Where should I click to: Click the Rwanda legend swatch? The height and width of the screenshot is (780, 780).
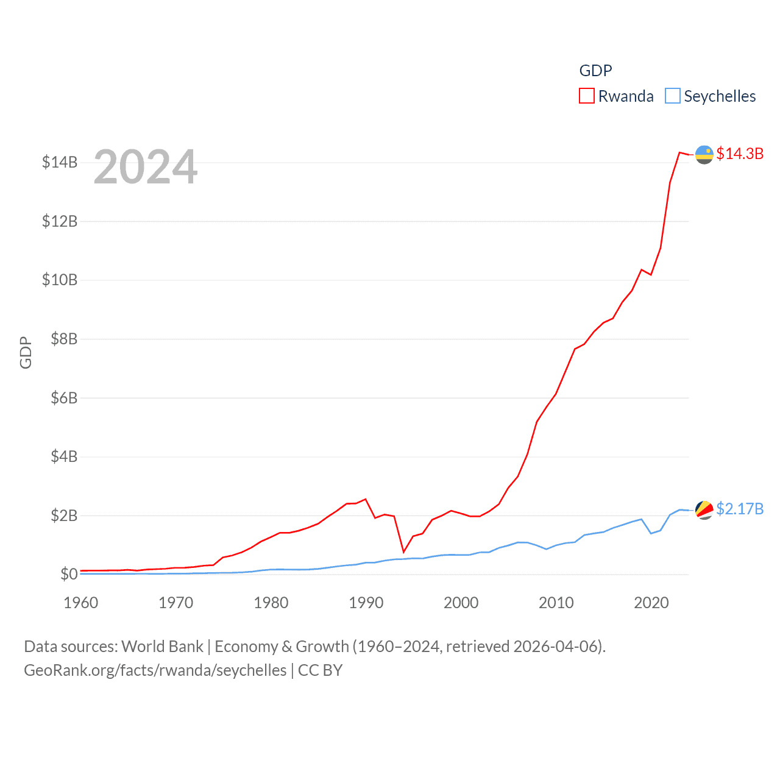[586, 96]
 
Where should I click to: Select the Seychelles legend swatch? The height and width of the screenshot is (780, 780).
[672, 96]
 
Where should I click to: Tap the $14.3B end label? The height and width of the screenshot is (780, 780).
[740, 154]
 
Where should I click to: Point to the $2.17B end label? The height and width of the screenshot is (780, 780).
[740, 509]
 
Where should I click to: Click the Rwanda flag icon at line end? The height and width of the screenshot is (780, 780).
[704, 155]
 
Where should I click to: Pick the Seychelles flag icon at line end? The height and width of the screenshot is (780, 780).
[704, 510]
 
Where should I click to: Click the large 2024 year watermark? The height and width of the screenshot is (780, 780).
[146, 166]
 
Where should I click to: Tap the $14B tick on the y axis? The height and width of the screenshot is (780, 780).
[60, 162]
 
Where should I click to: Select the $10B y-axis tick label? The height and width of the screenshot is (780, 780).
[60, 280]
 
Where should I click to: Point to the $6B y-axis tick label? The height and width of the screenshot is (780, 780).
[64, 398]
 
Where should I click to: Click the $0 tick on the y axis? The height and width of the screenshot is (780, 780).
[69, 574]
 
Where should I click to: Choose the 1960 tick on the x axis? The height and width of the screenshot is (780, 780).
[81, 603]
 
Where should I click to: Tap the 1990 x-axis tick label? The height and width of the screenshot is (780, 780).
[366, 603]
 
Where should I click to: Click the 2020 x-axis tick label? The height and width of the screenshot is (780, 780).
[651, 603]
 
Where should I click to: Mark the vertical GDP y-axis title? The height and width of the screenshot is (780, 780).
[26, 352]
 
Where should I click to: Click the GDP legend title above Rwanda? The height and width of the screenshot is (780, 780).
[595, 71]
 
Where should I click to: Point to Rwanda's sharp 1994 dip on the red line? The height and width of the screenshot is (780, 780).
[403, 552]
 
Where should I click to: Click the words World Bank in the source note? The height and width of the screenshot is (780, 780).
[163, 647]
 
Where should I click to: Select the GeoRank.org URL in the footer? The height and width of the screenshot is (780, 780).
[155, 670]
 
